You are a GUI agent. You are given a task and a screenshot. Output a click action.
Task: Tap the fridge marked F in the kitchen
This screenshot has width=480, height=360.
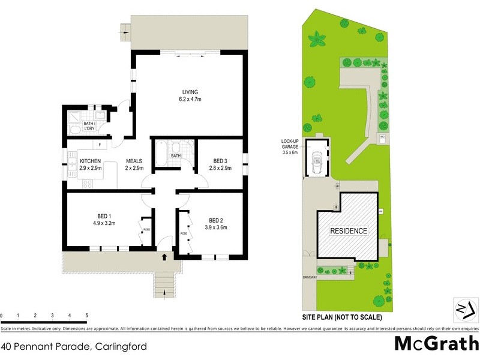click(100, 145)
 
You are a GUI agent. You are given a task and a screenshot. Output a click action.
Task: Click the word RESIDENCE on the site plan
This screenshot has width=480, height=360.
click(349, 230)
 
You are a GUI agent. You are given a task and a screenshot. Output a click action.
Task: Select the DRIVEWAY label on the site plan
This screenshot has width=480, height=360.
click(310, 277)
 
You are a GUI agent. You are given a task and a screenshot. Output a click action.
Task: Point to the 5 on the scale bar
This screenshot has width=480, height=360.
click(87, 315)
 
